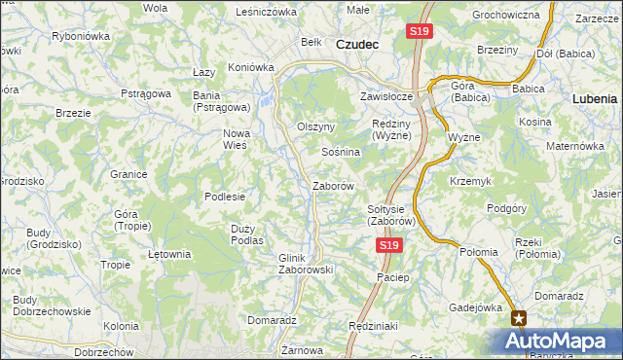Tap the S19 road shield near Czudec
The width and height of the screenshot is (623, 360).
(419, 31)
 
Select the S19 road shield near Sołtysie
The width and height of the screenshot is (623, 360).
(388, 246)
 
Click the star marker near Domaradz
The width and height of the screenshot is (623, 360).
(519, 317)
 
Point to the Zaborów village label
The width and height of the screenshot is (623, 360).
(332, 185)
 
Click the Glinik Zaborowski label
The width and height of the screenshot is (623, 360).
(307, 263)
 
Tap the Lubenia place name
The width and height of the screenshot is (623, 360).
(595, 98)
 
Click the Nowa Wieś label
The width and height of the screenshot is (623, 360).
(237, 138)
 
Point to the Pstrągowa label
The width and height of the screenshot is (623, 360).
(146, 93)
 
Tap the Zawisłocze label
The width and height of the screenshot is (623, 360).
(387, 97)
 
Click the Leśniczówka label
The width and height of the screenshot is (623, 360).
(266, 12)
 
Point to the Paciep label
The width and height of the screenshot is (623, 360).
(392, 277)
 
